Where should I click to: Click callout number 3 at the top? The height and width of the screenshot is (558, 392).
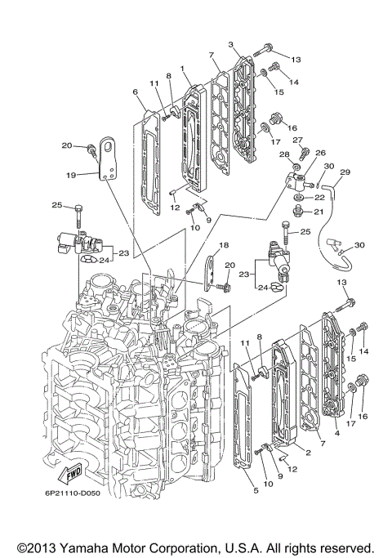[232, 43]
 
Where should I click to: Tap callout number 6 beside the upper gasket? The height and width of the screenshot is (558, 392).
[135, 92]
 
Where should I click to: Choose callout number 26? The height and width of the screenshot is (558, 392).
[320, 152]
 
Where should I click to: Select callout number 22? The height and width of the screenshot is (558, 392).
[320, 198]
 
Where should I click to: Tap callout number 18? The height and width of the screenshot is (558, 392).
[224, 244]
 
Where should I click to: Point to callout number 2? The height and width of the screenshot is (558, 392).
[308, 452]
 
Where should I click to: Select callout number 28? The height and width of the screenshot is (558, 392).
[284, 154]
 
